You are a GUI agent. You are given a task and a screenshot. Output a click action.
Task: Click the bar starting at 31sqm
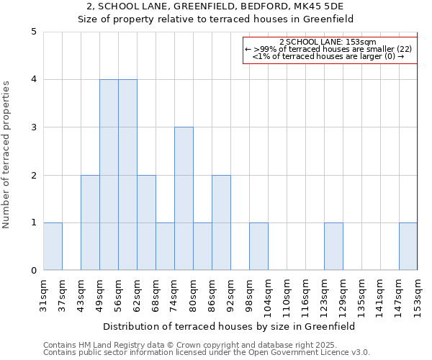pos(53,246)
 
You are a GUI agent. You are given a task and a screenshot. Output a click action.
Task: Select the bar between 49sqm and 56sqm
pos(109,175)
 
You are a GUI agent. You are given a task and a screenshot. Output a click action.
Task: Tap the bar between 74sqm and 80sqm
pos(184,199)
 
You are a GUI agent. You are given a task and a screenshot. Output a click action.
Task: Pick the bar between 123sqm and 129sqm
pos(333,246)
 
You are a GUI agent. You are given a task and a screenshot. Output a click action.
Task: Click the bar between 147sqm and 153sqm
pos(408,246)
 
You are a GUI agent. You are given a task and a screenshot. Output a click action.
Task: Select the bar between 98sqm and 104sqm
pos(258,246)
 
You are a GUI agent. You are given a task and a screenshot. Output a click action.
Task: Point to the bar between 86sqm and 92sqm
pos(221,222)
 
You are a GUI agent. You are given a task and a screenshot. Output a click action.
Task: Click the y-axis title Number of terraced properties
pos(7,155)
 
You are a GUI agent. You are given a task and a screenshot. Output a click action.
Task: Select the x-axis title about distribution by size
pos(230,326)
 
